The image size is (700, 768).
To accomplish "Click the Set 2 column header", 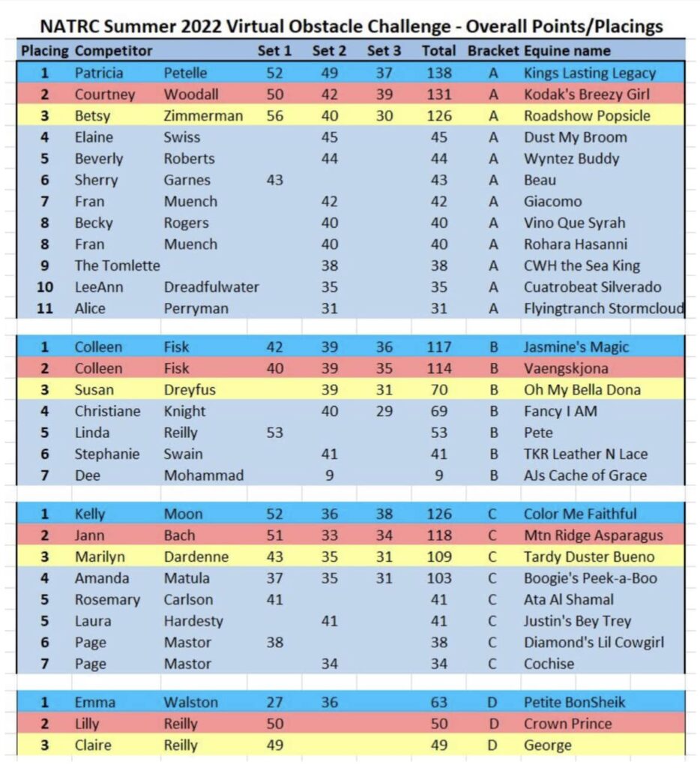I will point(329,51).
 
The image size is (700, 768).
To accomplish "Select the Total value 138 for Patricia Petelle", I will point(438,73).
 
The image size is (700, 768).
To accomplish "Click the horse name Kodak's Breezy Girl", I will point(586,94).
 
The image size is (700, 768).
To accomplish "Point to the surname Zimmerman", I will point(203,115).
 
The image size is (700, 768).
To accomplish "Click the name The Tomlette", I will point(117,265).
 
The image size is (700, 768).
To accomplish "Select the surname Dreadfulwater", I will point(211,287).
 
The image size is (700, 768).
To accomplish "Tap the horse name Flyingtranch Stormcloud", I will point(603,308).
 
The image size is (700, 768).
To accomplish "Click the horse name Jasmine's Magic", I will point(576,347).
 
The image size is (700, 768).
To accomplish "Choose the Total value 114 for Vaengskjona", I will point(438,368).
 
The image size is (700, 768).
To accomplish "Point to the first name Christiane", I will point(108,411).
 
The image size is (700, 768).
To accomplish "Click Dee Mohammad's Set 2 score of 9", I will point(329,475).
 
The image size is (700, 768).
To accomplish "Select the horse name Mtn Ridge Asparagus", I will point(593,535).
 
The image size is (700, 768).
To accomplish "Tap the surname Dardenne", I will point(196,557).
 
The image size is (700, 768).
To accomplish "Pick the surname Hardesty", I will point(193,621).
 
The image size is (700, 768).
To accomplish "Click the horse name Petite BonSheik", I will point(574,703).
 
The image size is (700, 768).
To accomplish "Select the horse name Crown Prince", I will point(567,724).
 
